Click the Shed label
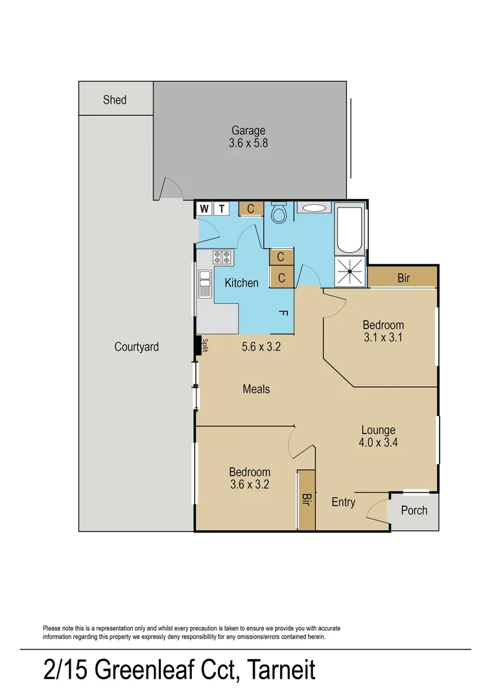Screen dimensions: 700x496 (115, 100)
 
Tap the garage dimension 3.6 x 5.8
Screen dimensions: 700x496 (248, 143)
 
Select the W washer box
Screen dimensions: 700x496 (205, 208)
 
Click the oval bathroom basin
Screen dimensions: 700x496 (314, 209)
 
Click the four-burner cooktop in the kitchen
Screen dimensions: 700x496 (222, 257)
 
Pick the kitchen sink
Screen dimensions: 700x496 (205, 284)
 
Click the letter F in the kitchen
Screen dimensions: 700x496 (283, 313)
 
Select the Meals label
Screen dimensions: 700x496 (256, 389)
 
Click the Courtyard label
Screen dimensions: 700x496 (136, 347)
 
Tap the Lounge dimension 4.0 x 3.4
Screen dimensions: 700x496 (378, 443)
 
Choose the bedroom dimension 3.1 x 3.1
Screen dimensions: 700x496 (383, 338)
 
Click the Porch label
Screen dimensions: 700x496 (414, 510)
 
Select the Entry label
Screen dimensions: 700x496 (343, 502)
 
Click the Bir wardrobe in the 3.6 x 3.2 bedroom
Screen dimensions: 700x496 (306, 499)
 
